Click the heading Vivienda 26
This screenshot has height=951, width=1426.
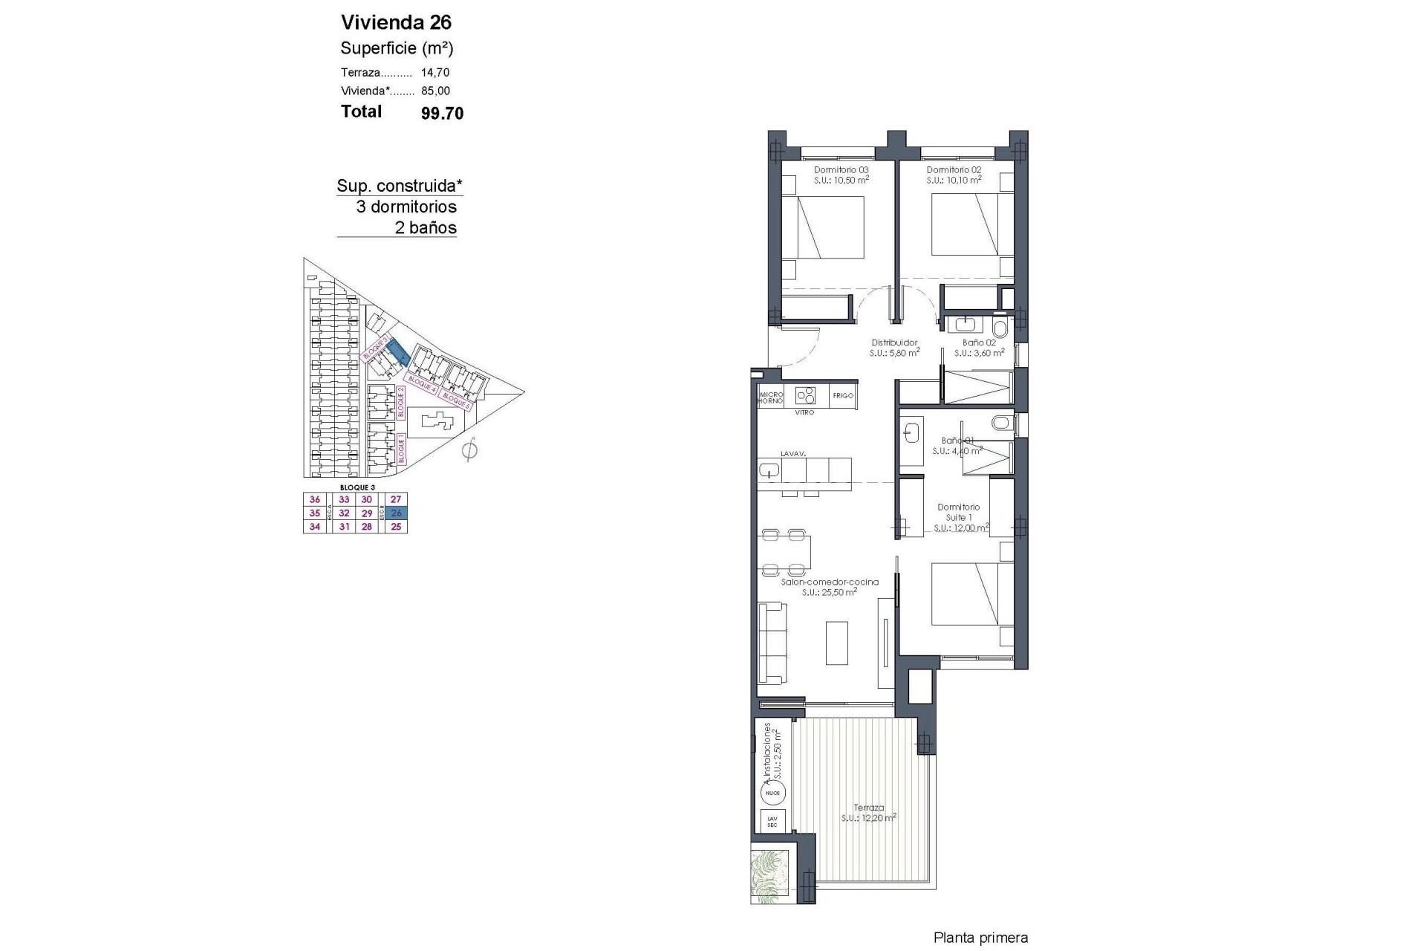tap(396, 22)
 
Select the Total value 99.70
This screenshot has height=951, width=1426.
tap(442, 113)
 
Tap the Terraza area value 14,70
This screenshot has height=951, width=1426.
tap(435, 73)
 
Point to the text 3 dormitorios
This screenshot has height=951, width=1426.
tap(406, 207)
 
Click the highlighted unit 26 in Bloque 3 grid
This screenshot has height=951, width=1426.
tap(396, 513)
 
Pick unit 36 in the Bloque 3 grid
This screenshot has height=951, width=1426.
tap(315, 500)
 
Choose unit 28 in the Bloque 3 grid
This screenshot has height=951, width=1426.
tap(366, 527)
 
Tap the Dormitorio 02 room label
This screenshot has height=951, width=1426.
tap(954, 170)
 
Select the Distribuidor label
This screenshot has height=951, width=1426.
tap(894, 343)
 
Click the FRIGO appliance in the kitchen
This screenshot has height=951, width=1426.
tap(842, 396)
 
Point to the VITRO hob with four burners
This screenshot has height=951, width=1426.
tap(805, 395)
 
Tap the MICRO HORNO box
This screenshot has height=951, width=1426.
tap(770, 397)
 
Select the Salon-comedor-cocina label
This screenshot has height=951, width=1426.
tap(830, 582)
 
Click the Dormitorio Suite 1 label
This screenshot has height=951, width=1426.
tap(958, 513)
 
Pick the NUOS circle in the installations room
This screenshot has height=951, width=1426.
tap(772, 793)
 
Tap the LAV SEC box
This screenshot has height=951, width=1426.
tap(772, 822)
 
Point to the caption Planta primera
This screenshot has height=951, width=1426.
tap(980, 938)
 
